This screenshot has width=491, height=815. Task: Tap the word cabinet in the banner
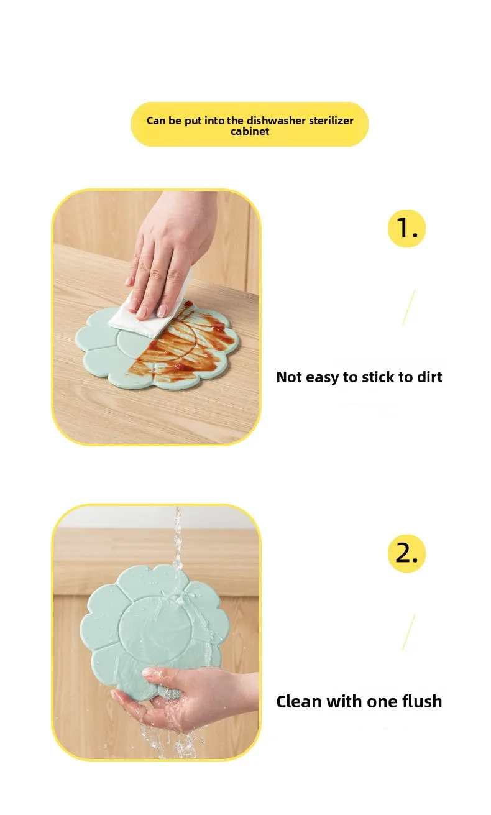[x=250, y=132]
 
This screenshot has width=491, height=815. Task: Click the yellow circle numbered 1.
[x=406, y=228]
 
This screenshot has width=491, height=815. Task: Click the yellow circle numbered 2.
[x=406, y=553]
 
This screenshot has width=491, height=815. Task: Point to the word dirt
[x=426, y=377]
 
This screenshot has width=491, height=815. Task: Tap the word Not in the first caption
[x=290, y=377]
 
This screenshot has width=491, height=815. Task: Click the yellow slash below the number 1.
[x=408, y=307]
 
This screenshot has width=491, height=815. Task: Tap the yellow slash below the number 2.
[x=408, y=632]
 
